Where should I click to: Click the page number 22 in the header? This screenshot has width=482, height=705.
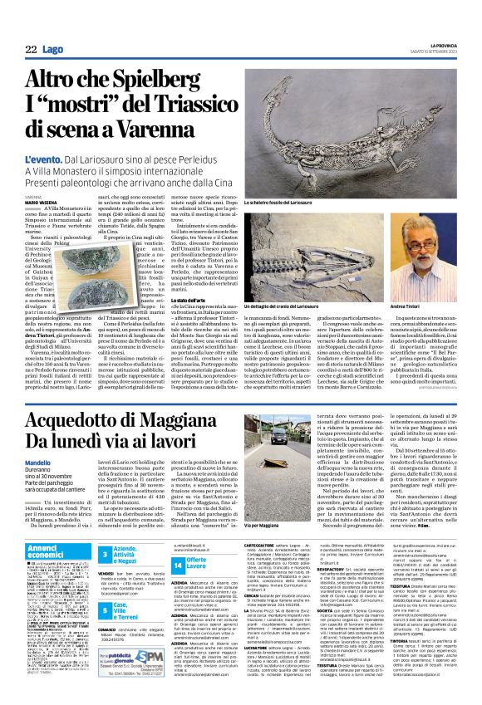point(31,50)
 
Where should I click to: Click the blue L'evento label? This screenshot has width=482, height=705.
point(45,158)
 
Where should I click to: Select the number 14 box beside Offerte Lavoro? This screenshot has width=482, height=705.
point(177,563)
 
